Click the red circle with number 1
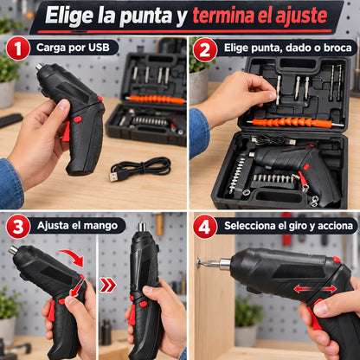(18, 48)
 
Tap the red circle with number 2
(205, 49)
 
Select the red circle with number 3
(18, 227)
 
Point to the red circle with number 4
(205, 227)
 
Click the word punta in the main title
(145, 16)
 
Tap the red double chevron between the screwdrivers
(108, 286)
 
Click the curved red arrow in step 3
(73, 257)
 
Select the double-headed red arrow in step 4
(315, 289)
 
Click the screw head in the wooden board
(199, 263)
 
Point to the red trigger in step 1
(67, 132)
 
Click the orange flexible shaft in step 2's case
(291, 123)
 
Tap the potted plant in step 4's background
(247, 321)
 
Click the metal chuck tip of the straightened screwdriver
(141, 226)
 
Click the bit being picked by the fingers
(278, 90)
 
